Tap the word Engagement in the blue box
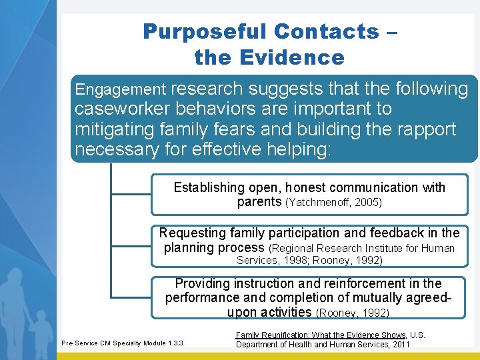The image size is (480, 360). [120, 89]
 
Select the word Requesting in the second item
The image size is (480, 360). [191, 233]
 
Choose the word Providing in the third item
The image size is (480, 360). [202, 284]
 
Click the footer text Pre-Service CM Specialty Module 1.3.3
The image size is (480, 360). [122, 343]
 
